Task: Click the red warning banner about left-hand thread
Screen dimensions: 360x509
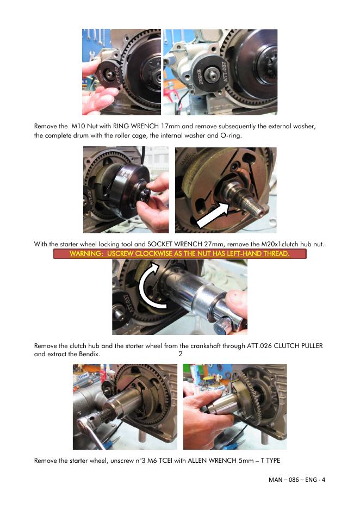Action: (180, 253)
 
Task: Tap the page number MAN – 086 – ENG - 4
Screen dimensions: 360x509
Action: (297, 480)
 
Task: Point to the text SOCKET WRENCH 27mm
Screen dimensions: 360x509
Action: (184, 244)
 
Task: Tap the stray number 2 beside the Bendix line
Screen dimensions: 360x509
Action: (181, 354)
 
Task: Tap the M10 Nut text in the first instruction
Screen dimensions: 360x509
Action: (84, 126)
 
